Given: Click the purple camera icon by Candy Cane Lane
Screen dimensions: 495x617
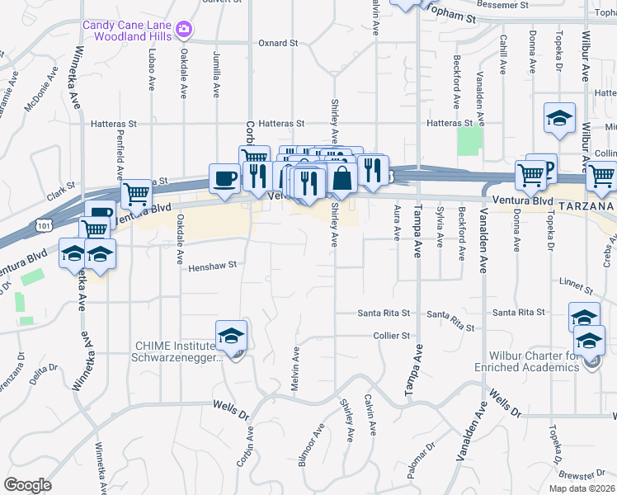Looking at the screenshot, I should (183, 31).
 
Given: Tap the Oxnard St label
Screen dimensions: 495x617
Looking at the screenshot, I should (277, 43).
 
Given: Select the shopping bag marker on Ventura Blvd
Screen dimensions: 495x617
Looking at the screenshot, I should (341, 177).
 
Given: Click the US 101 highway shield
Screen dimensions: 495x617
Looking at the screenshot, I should (42, 224).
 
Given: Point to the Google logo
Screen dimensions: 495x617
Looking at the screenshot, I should (27, 485).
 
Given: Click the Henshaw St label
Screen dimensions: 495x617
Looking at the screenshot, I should (212, 266).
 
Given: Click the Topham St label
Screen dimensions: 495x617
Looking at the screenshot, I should (449, 16).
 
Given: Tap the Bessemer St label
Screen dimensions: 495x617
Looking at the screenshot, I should (473, 4).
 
